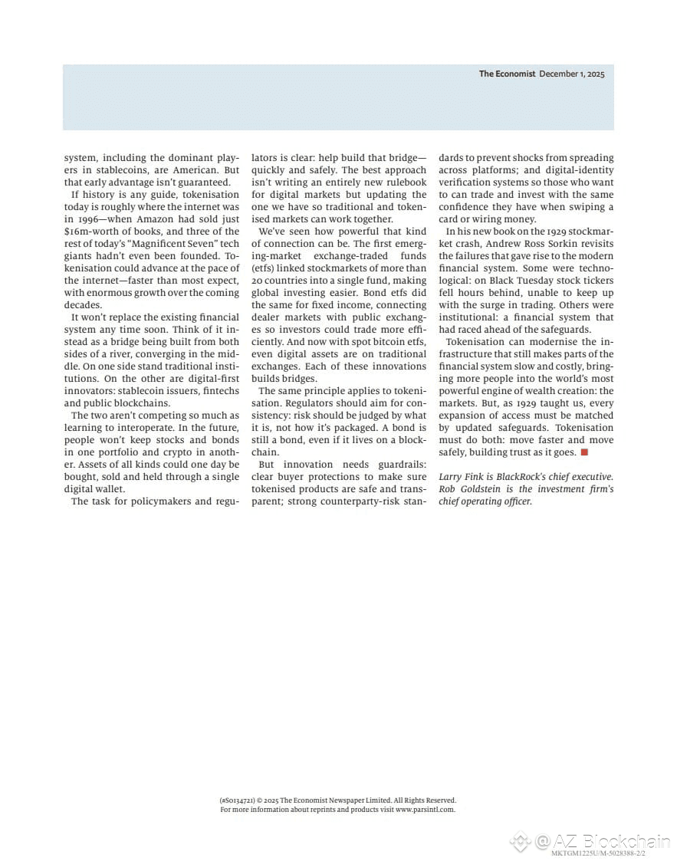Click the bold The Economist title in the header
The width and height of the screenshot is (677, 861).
click(x=507, y=74)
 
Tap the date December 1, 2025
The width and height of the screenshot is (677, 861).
click(x=572, y=74)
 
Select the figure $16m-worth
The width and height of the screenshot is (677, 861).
click(x=90, y=231)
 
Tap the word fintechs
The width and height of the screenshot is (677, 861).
click(x=220, y=390)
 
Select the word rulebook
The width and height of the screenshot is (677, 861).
click(x=405, y=182)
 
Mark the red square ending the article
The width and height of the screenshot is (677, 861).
click(x=583, y=452)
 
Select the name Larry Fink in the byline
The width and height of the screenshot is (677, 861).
click(x=461, y=476)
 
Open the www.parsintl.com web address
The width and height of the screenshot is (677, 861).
click(x=425, y=809)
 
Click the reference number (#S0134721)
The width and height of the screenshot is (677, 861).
click(x=237, y=800)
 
